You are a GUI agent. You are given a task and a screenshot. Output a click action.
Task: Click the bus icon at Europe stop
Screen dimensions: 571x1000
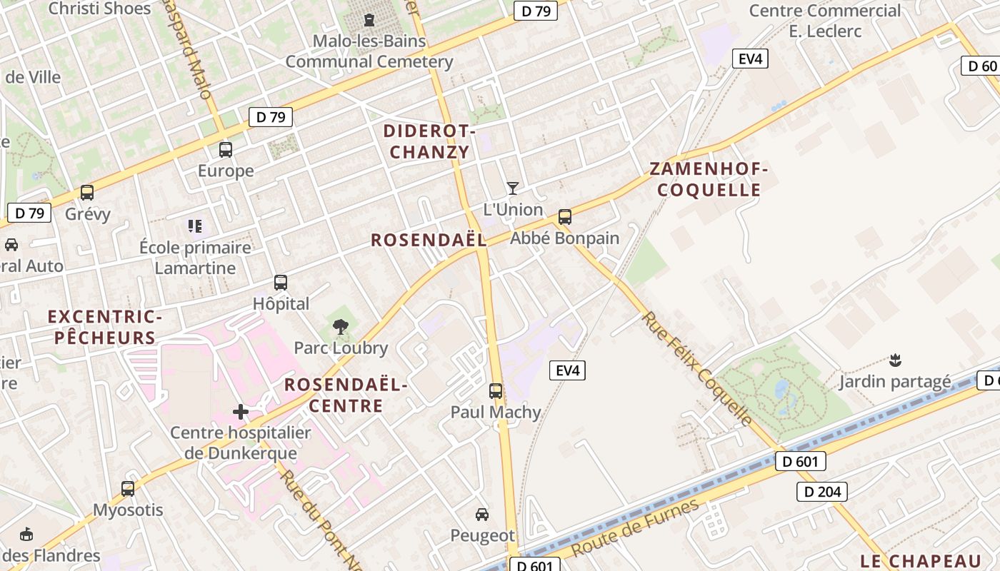(226, 150)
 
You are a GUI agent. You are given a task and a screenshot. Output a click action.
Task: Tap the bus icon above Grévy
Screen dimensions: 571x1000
(87, 193)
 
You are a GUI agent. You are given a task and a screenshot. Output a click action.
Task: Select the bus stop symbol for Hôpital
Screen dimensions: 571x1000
(281, 283)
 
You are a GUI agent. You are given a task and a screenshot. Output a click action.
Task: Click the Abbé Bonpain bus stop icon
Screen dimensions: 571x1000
(565, 217)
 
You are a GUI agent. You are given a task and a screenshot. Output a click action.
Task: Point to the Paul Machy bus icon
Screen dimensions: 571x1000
(496, 391)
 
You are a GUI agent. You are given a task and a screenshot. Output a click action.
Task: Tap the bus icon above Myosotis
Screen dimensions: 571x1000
(128, 489)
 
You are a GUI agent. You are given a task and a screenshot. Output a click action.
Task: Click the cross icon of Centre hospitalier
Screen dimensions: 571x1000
(241, 412)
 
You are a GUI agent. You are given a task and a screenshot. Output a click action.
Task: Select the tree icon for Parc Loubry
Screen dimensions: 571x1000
(341, 328)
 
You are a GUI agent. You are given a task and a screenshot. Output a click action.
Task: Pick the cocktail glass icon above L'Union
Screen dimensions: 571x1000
(512, 188)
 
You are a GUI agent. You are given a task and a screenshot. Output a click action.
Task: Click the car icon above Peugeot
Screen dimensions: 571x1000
(482, 514)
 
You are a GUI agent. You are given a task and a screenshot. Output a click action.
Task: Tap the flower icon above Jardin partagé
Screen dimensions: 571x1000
(894, 360)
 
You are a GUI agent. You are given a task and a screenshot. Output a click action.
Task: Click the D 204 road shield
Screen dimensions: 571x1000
(821, 492)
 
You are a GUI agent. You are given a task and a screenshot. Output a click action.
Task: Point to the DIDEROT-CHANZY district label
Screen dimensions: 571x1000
(429, 141)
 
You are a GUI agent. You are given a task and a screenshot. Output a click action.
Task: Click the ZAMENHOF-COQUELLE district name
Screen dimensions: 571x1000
(709, 180)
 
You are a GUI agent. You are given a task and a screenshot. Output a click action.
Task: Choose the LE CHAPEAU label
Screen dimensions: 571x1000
(921, 560)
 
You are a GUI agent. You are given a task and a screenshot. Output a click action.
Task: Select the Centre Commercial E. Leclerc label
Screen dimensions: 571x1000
(825, 21)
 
